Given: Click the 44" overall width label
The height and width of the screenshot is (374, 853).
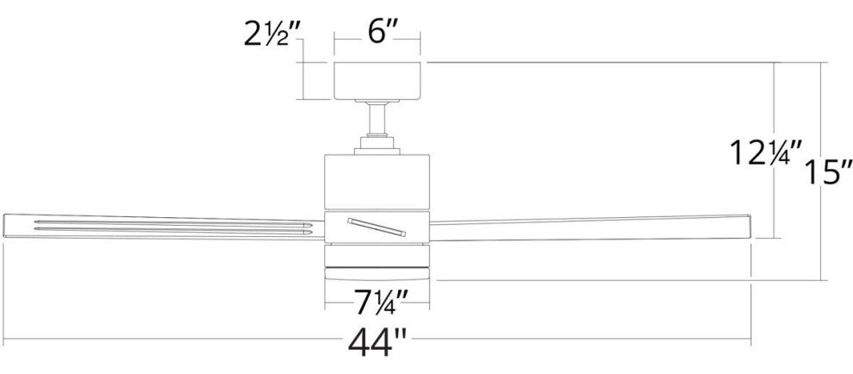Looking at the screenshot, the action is coord(377,341).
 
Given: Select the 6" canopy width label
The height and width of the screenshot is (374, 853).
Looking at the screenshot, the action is coord(377,34).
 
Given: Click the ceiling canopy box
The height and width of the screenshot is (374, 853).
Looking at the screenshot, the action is coord(377,81).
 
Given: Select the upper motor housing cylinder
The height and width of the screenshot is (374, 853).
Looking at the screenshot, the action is coord(377,184).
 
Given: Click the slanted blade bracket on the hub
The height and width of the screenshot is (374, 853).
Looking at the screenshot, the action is coord(377,227).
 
